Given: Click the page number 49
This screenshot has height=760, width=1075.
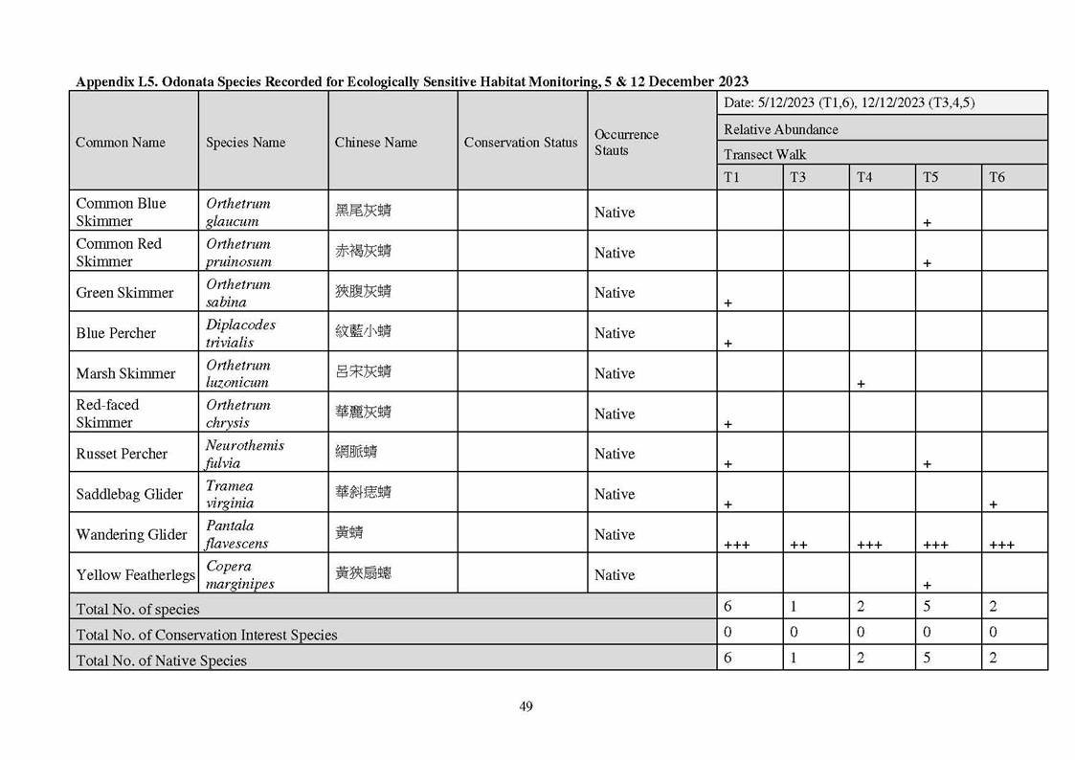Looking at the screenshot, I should point(526,706).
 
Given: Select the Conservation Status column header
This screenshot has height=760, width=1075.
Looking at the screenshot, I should point(521,143).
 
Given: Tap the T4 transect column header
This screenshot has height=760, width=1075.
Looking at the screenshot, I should point(864,177).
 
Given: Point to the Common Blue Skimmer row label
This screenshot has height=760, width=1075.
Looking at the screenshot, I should point(121,212).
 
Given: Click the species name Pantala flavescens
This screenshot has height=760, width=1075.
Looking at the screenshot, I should point(236,534).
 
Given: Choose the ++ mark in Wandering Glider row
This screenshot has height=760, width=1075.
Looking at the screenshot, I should point(798,545).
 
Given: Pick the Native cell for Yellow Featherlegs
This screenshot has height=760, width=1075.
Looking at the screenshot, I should point(614,574).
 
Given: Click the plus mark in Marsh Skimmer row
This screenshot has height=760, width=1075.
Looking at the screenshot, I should point(861,384).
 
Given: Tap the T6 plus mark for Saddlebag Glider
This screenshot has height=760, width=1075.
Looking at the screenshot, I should point(993,504).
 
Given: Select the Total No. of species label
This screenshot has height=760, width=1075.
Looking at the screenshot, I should point(138,609).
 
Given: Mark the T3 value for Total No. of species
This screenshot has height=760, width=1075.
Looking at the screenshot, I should point(794,606).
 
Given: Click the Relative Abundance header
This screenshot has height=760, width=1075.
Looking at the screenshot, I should point(780,129).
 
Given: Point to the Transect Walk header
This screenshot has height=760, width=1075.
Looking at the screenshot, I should point(765,154).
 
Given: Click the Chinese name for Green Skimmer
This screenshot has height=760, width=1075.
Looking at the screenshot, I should point(363,292).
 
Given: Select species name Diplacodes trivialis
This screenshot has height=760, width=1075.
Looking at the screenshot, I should point(240,333).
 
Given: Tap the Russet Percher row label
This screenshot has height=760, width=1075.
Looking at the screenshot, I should point(122,454).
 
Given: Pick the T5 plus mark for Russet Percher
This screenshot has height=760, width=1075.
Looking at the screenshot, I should point(927,464).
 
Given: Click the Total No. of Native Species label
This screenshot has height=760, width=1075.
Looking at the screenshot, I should point(161,660).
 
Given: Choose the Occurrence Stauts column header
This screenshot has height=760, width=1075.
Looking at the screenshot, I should point(626,143).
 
